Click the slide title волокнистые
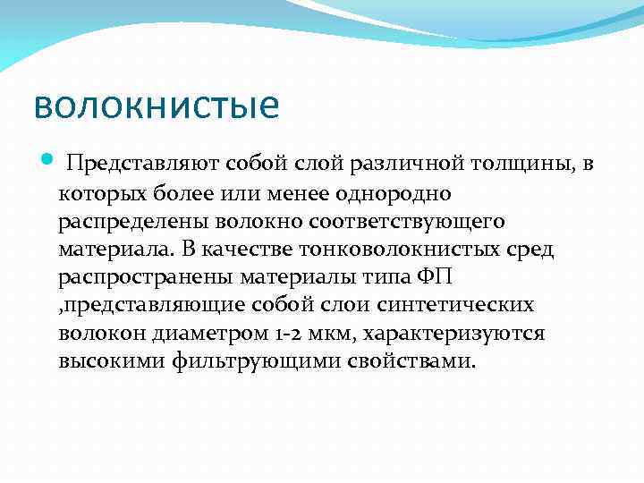tap(156, 106)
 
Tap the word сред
tap(529, 249)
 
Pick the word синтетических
tap(459, 305)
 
